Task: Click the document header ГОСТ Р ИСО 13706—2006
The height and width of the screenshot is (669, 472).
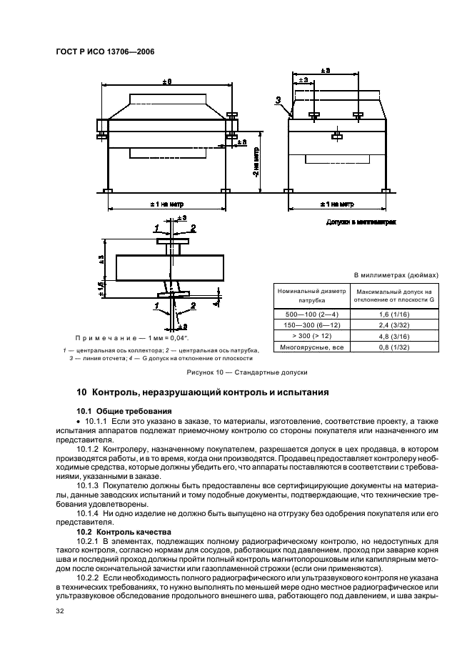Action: coord(104,51)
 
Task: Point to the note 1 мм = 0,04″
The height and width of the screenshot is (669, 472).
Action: coord(129,337)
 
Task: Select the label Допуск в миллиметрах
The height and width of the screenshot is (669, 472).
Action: coord(361,222)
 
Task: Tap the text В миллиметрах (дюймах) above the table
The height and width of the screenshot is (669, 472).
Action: coord(396,274)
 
